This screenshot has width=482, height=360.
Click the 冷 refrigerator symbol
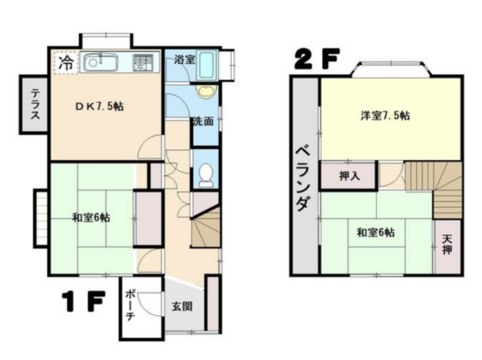coord(66,63)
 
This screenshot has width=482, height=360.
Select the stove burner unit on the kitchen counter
coord(143,63)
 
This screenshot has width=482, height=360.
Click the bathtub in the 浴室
coord(206,66)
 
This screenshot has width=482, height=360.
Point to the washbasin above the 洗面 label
coord(206,91)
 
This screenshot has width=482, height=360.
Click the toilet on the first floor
coord(206,174)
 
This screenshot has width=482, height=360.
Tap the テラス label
coord(35,104)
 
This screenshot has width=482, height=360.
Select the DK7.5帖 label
coord(100,107)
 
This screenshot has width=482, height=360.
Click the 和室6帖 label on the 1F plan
coord(91,217)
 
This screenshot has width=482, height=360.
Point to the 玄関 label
coord(182,306)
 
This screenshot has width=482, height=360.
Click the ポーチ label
coord(130,305)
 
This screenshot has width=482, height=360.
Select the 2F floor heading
coord(317,58)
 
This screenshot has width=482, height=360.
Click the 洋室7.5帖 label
coord(385,116)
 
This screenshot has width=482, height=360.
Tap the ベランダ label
coord(304,179)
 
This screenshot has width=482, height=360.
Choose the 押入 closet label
coord(349,176)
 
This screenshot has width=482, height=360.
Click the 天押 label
coord(447,244)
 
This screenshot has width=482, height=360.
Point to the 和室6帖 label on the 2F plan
coord(375,233)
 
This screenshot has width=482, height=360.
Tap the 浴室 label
coord(185,60)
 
